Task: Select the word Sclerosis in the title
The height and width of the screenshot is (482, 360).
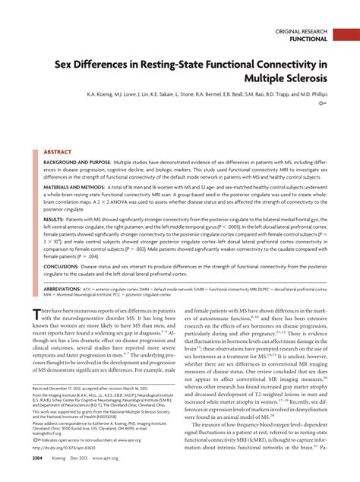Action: pos(298,78)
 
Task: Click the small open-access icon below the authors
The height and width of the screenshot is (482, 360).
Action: pos(323,103)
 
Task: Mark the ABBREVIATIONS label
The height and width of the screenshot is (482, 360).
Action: pos(66,290)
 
